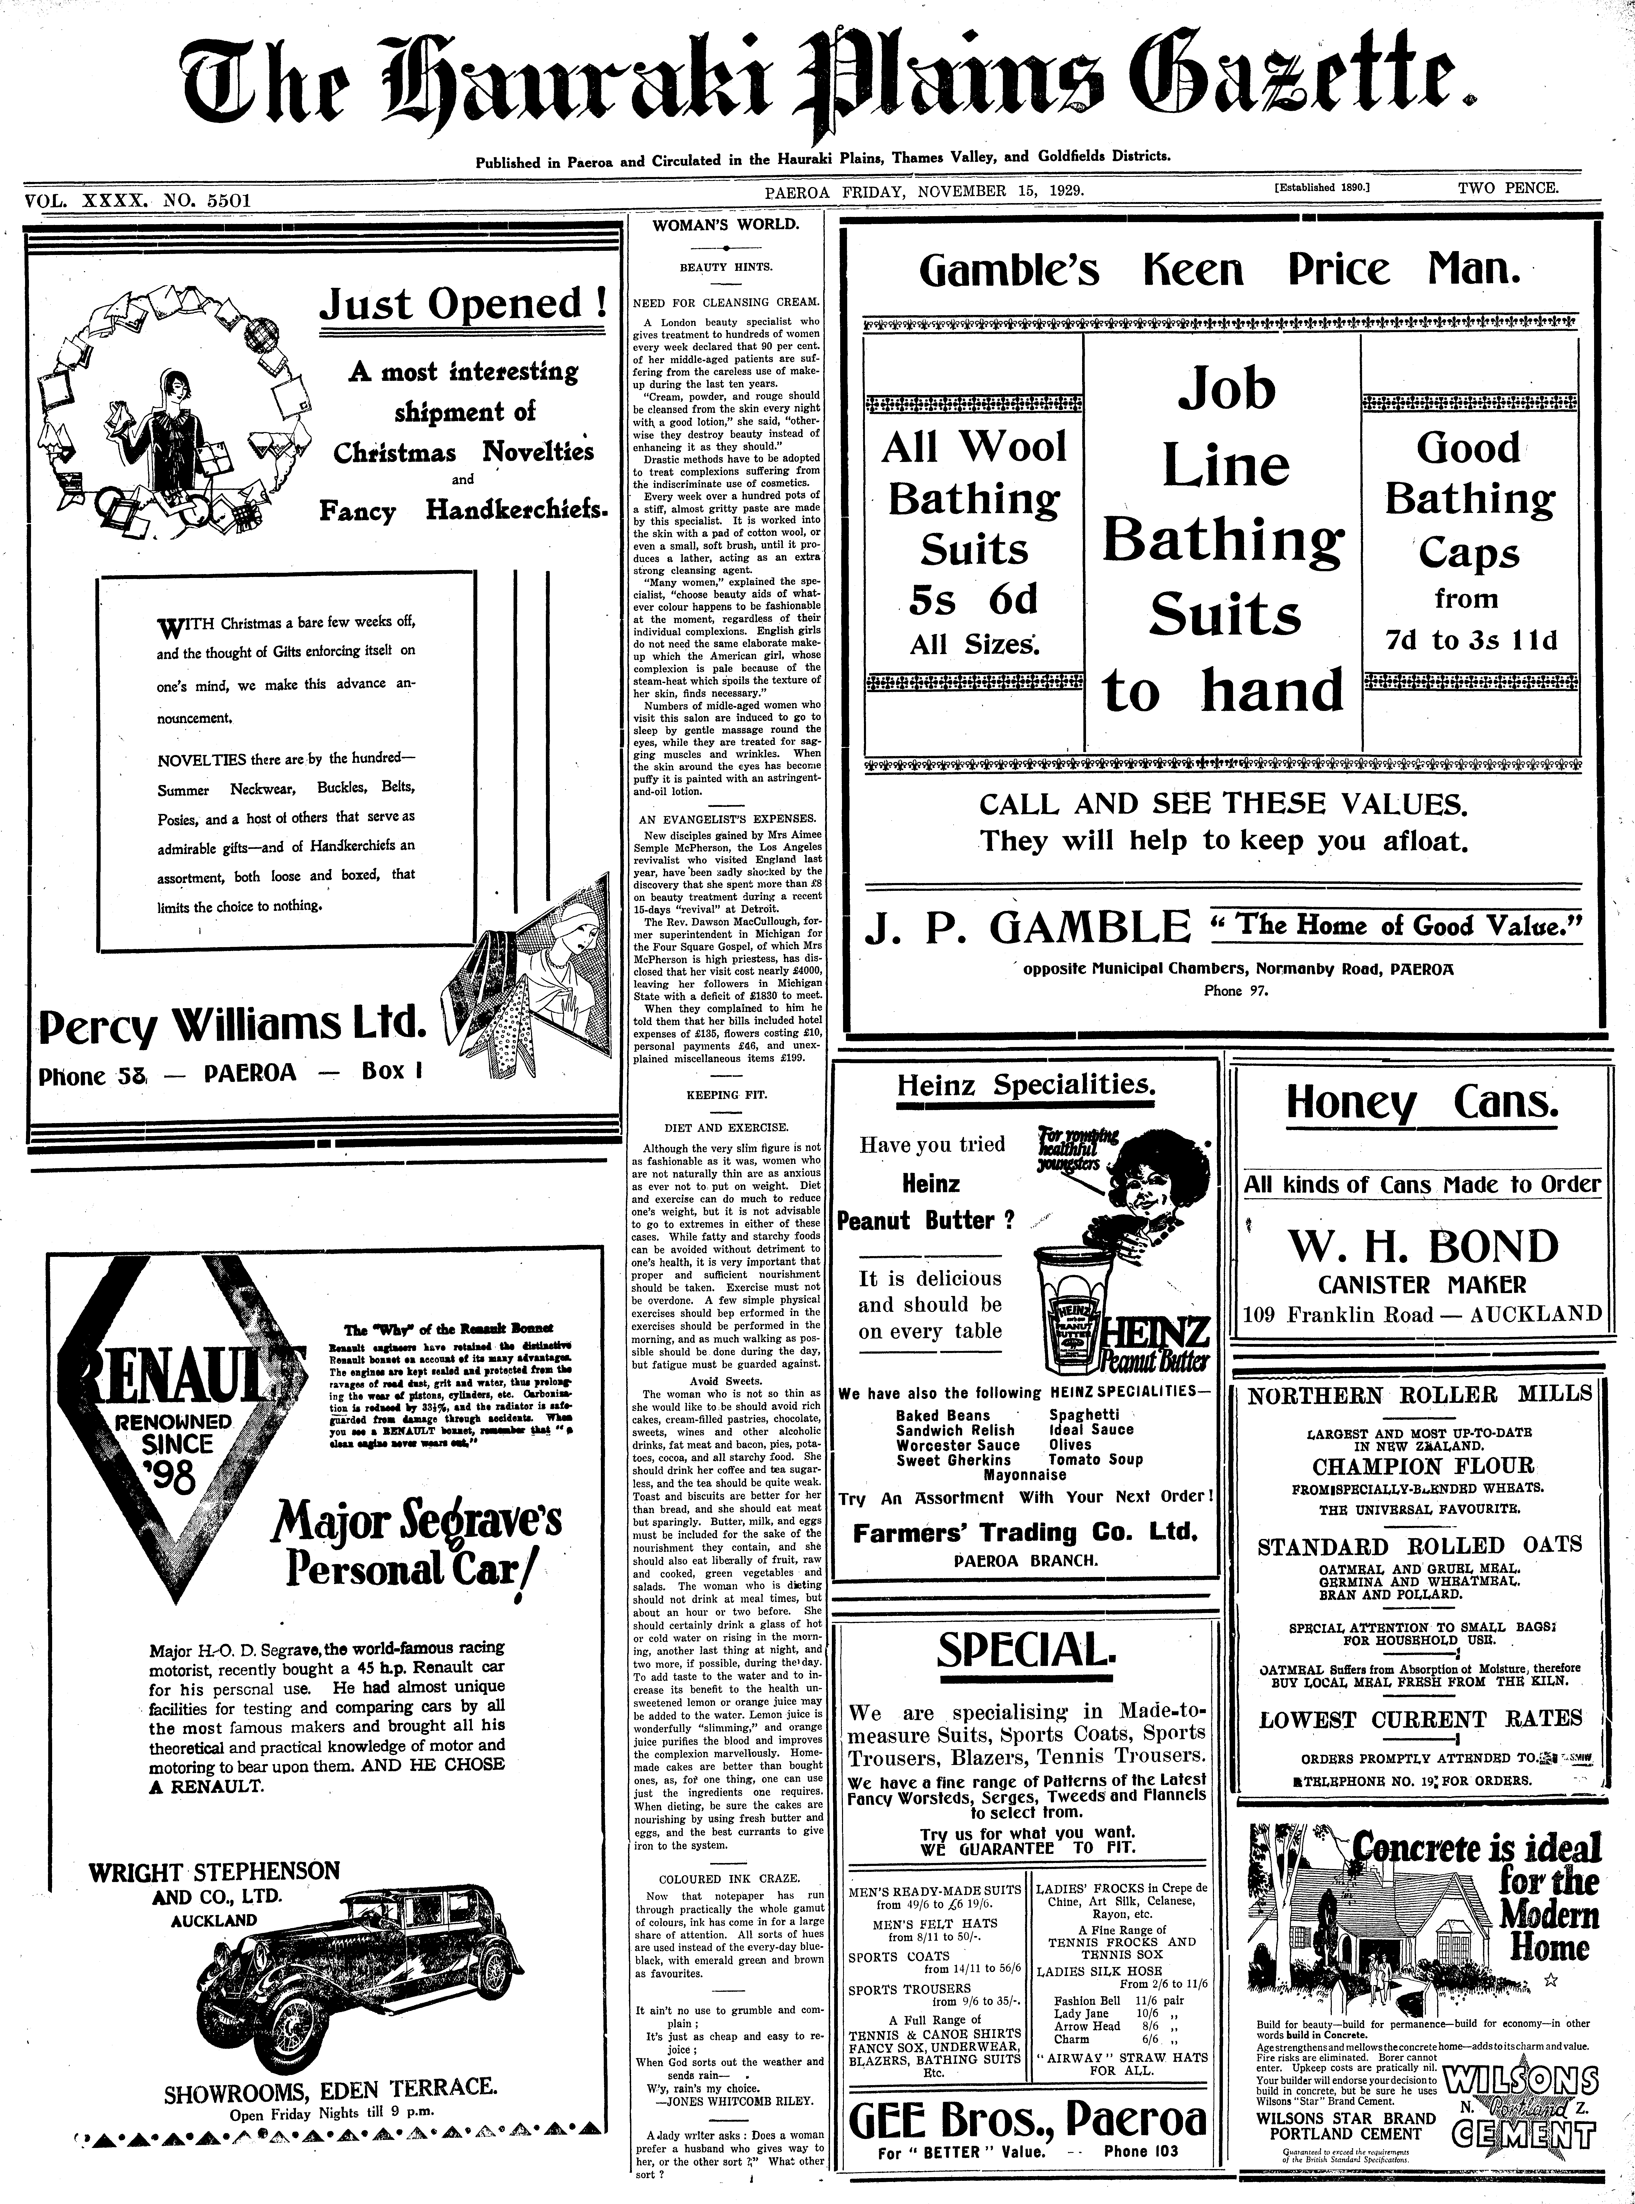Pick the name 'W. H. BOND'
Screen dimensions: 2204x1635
[x=1422, y=1246]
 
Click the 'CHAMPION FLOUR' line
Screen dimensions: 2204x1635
[x=1422, y=1466]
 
